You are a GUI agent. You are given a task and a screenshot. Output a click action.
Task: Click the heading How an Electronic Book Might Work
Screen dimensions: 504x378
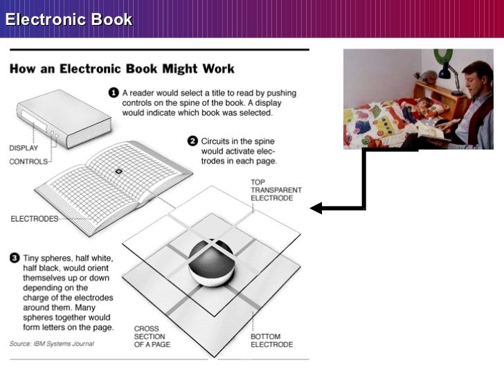pyautogui.click(x=121, y=69)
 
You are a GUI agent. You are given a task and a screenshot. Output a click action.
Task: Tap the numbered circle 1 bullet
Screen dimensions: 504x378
pyautogui.click(x=114, y=91)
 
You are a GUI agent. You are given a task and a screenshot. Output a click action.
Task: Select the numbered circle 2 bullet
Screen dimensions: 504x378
pyautogui.click(x=192, y=141)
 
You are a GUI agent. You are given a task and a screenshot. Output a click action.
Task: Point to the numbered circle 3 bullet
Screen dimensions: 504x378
pyautogui.click(x=14, y=258)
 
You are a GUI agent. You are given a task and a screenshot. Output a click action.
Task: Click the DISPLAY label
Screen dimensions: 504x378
pyautogui.click(x=24, y=147)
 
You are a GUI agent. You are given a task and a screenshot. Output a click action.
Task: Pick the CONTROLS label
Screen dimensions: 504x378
pyautogui.click(x=28, y=161)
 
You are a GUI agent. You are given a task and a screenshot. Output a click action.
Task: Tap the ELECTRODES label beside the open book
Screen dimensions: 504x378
pyautogui.click(x=34, y=218)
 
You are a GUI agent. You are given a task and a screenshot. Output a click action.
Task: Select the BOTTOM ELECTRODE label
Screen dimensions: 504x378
pyautogui.click(x=272, y=340)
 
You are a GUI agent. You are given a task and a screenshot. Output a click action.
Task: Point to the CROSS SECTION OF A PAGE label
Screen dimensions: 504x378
pyautogui.click(x=152, y=336)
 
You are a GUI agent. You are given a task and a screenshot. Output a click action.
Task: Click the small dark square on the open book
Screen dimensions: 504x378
pyautogui.click(x=118, y=171)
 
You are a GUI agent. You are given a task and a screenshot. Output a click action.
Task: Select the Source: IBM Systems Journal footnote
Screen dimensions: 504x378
pyautogui.click(x=51, y=344)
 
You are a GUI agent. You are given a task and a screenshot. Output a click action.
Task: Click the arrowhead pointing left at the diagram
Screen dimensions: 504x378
pyautogui.click(x=316, y=208)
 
